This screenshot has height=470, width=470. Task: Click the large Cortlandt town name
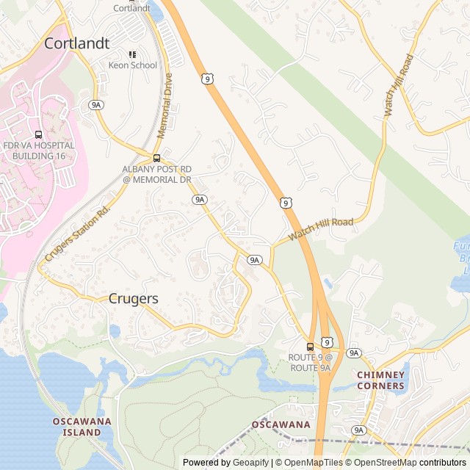coord(76,43)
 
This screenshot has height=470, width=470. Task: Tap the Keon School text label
coord(133,65)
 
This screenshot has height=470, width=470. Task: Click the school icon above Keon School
coord(133,54)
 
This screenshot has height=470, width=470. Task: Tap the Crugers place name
coord(133,299)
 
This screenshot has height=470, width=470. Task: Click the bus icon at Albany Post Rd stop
coord(156,158)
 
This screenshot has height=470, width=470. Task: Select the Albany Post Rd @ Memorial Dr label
coord(156,174)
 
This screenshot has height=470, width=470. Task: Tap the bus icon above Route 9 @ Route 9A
coord(310,347)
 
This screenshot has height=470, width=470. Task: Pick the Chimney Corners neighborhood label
coord(380,380)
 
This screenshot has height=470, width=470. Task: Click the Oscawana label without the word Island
coord(281,424)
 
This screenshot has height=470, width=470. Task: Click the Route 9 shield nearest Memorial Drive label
coord(209,79)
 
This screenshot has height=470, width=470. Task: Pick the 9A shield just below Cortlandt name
coord(96,105)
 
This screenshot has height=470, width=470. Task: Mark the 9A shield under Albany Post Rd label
coord(199,199)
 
